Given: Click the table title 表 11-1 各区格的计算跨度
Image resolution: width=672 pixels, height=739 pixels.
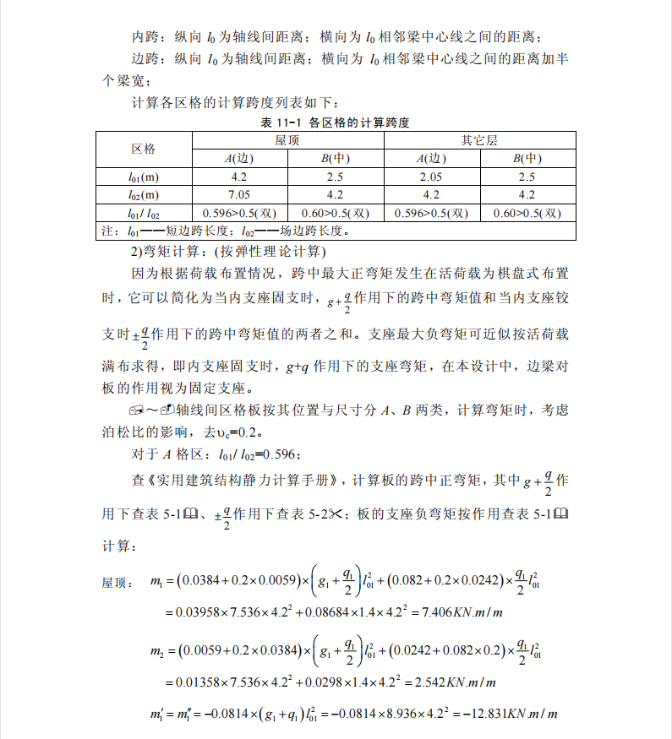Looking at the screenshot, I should click(x=336, y=122).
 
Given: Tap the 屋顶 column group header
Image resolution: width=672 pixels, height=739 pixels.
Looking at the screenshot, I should click(x=287, y=140).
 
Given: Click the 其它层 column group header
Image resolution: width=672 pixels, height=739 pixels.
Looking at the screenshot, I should click(x=479, y=140).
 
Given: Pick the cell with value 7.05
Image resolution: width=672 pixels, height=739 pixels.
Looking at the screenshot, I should click(x=239, y=194).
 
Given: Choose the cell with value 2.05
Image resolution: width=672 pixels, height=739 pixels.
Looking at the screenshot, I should click(x=431, y=177).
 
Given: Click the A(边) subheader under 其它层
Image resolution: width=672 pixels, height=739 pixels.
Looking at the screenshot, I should click(x=431, y=159).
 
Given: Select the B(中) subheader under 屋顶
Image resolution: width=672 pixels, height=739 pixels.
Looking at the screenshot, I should click(x=336, y=159).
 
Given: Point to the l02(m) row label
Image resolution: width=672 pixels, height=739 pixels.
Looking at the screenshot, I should click(x=143, y=194).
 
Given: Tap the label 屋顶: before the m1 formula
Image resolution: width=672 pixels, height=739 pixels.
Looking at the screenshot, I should click(x=116, y=583).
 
